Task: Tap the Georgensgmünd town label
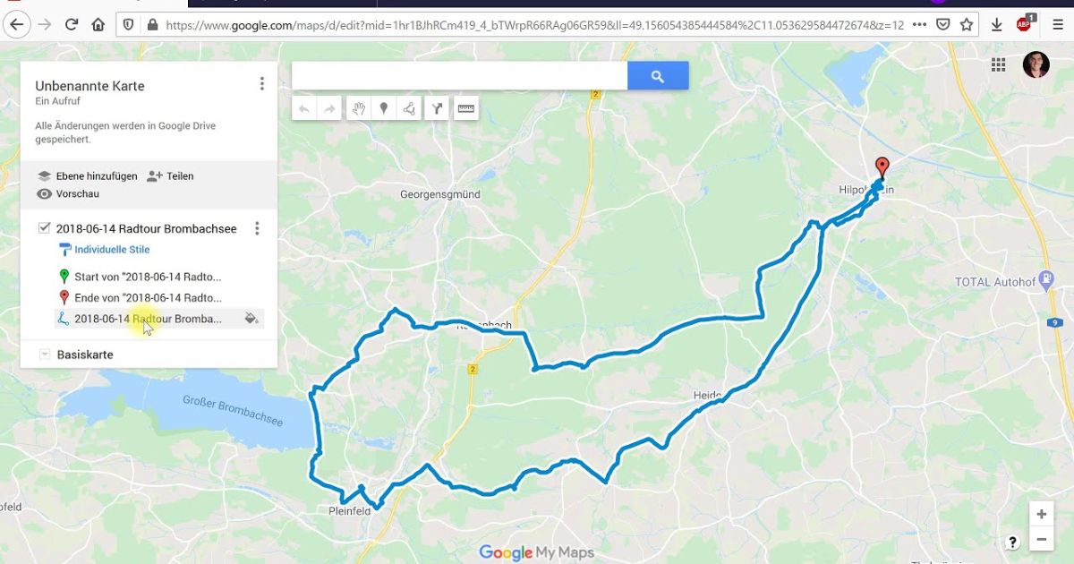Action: point(439,194)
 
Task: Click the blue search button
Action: point(658,76)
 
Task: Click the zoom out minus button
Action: point(1041,540)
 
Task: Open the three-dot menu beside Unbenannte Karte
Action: point(262,84)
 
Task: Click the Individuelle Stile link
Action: point(112,250)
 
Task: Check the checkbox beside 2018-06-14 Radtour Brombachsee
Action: point(44,228)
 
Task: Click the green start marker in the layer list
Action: point(64,277)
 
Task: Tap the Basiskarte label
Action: point(85,355)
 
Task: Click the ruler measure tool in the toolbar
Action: point(466,109)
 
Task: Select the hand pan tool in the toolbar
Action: point(358,109)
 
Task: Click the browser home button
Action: point(98,24)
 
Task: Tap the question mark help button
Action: point(1012,542)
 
